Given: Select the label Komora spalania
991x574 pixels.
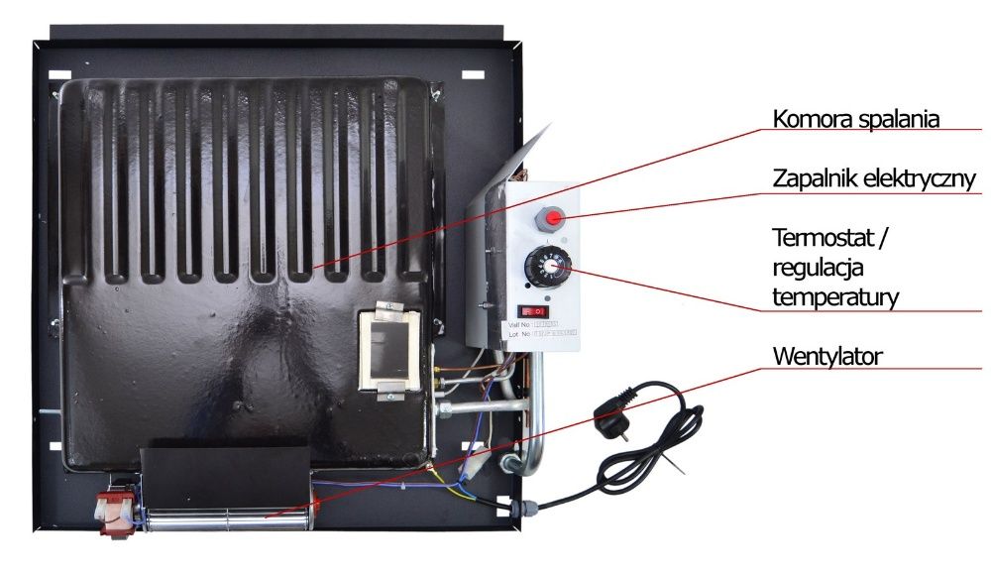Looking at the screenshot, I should [x=855, y=120].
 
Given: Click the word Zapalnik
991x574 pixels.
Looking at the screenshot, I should [x=816, y=179].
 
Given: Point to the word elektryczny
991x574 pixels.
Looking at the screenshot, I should [x=922, y=179].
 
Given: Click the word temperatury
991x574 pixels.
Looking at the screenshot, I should [x=835, y=296].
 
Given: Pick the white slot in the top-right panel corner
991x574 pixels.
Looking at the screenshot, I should [x=474, y=76].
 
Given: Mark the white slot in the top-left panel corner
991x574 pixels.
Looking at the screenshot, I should [x=59, y=74].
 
